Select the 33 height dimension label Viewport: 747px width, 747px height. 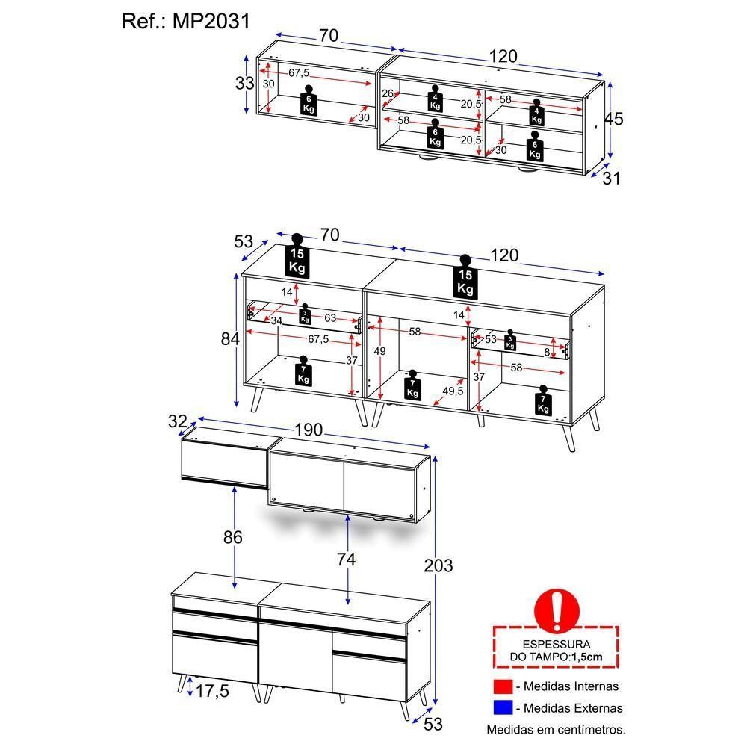[244, 83]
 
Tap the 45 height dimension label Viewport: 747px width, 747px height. [613, 120]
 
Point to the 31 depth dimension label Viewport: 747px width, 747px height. [611, 178]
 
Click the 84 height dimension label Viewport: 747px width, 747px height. [230, 338]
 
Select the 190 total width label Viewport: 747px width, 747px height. [308, 430]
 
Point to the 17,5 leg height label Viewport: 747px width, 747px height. [211, 692]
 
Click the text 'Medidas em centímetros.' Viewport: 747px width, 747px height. [556, 729]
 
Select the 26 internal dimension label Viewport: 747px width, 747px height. [387, 93]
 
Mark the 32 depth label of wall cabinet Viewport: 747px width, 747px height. [177, 421]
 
